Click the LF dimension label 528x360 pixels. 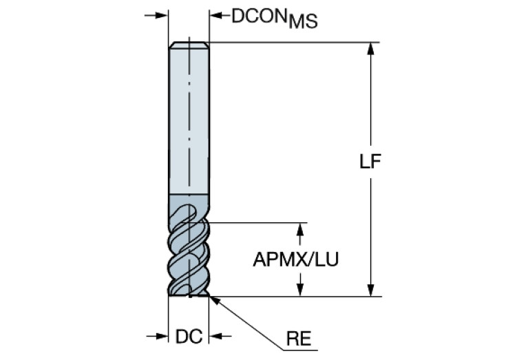pos(370,161)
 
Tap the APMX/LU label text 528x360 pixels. pos(295,260)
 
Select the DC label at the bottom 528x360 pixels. pos(189,336)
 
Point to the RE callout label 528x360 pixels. pos(299,339)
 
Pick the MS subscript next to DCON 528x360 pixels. pos(303,21)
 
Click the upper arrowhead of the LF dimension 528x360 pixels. pos(370,48)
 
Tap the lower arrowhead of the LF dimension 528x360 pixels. pos(370,290)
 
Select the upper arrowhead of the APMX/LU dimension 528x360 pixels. pos(299,229)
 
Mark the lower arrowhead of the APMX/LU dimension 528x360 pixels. pos(299,290)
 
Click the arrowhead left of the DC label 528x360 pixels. pos(162,336)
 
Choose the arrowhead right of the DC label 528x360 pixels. pos(215,336)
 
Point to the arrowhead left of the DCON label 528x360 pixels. pos(216,15)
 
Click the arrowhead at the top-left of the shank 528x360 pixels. pos(162,15)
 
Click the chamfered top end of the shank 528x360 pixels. pos(189,45)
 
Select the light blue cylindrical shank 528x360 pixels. pos(189,121)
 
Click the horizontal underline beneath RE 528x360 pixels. pos(300,350)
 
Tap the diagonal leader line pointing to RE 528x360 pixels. pos(246,324)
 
